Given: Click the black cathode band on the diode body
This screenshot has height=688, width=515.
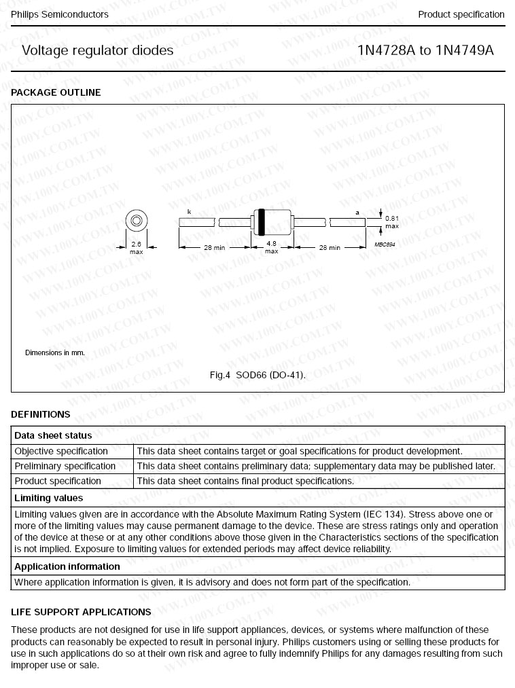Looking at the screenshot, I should click(x=262, y=221).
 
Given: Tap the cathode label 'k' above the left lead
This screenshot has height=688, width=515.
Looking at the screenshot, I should click(x=189, y=212).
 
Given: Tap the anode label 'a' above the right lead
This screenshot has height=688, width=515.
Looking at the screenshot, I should click(x=357, y=213).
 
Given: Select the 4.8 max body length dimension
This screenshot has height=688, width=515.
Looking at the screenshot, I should click(x=271, y=247).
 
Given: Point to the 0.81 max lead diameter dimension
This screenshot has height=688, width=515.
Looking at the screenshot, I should click(x=392, y=222).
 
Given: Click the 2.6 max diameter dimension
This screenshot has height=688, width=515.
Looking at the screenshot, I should click(x=136, y=248).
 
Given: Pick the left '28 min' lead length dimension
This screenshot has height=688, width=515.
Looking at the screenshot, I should click(x=214, y=248).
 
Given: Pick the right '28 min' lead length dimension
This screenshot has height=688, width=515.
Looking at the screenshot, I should click(x=330, y=248).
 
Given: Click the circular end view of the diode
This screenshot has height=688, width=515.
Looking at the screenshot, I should click(x=136, y=221).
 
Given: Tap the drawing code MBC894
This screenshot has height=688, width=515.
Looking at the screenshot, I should click(x=385, y=244).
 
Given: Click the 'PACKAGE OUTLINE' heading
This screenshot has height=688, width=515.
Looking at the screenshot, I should click(x=56, y=92).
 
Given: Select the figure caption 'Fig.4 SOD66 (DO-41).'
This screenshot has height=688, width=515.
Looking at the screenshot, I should click(x=257, y=375).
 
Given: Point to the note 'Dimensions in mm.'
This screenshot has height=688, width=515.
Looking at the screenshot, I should click(x=55, y=352).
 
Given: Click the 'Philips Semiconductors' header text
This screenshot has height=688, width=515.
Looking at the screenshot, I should click(x=60, y=14).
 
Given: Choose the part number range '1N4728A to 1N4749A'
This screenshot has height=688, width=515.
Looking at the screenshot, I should click(x=425, y=50).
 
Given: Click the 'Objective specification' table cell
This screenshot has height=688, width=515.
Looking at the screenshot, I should click(x=61, y=451).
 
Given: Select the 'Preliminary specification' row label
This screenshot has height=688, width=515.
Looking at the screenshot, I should click(x=65, y=466).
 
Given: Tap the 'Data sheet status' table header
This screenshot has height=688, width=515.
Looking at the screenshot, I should click(x=53, y=435).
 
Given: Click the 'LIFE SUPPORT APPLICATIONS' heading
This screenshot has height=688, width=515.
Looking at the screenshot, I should click(x=81, y=612).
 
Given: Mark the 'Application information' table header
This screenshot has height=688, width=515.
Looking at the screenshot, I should click(x=67, y=566).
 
